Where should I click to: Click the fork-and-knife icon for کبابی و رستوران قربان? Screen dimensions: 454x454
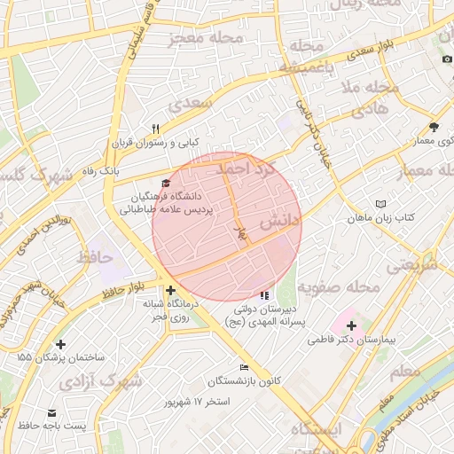[x=156, y=129]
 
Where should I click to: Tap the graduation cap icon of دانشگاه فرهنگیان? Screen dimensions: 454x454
[x=165, y=183]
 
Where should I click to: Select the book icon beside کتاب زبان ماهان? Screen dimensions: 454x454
[x=381, y=203]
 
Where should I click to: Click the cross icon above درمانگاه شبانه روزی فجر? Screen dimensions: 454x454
[x=170, y=290]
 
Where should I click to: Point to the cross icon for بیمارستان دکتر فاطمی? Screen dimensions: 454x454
[x=352, y=325]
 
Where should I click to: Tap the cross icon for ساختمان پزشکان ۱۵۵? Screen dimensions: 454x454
[x=60, y=344]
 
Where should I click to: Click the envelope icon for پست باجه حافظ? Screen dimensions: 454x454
[x=51, y=413]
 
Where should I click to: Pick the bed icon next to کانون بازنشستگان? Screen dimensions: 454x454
[x=244, y=368]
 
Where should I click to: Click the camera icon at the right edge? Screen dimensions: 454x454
[x=447, y=59]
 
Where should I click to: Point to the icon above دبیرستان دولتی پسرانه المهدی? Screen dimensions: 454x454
[x=263, y=294]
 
